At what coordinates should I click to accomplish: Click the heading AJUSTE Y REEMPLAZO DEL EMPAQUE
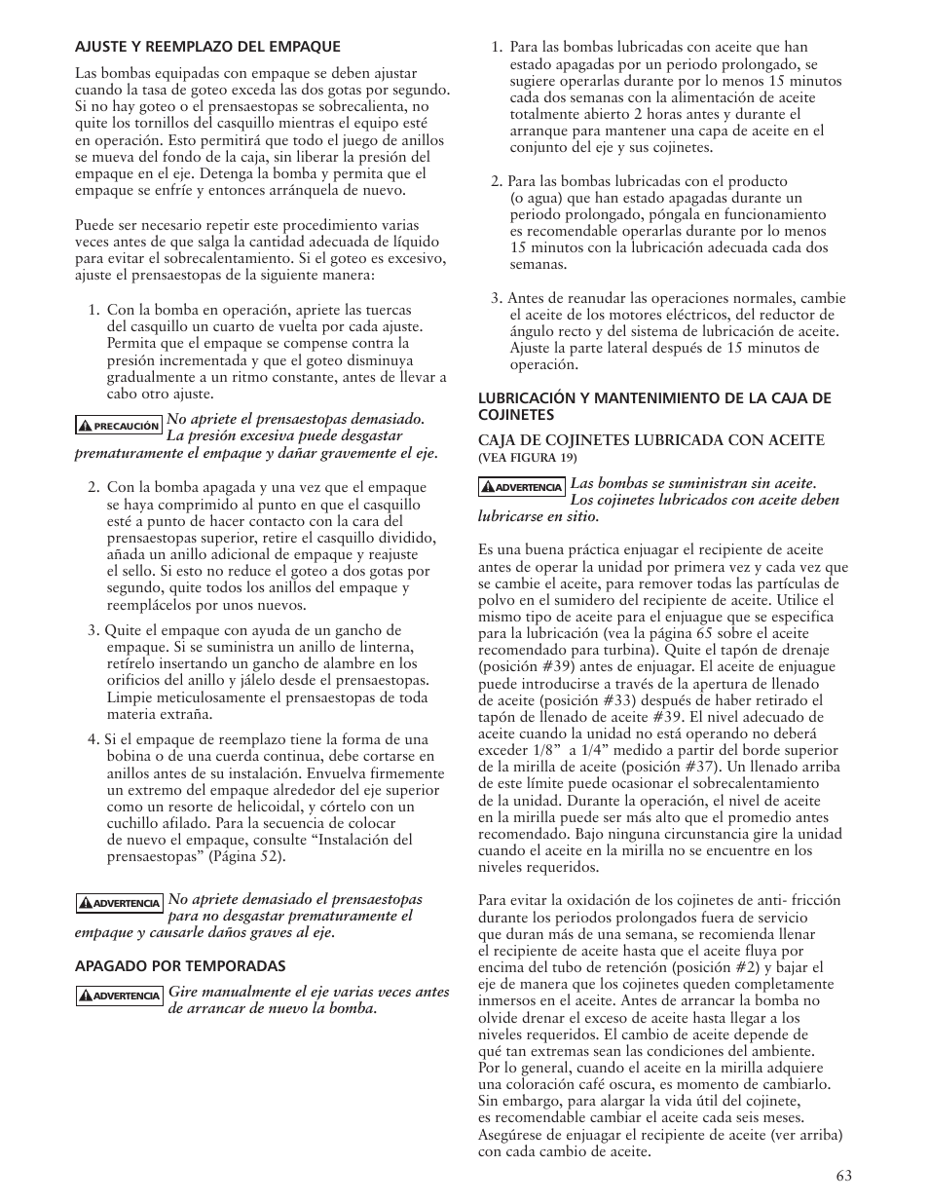click(x=207, y=46)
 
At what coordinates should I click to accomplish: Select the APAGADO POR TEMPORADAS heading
click(x=180, y=965)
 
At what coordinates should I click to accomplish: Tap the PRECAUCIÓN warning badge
click(x=119, y=426)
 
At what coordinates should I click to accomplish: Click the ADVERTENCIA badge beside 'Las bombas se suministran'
click(x=522, y=486)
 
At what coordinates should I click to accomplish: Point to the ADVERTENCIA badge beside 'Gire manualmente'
click(x=119, y=996)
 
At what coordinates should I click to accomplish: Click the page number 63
click(x=842, y=1176)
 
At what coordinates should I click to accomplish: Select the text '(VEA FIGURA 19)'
click(x=527, y=458)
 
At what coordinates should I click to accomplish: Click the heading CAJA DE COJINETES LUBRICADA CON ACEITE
click(x=650, y=440)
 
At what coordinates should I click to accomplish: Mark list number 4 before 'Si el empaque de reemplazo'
click(x=93, y=739)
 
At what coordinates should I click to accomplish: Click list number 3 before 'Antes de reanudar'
click(x=496, y=298)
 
